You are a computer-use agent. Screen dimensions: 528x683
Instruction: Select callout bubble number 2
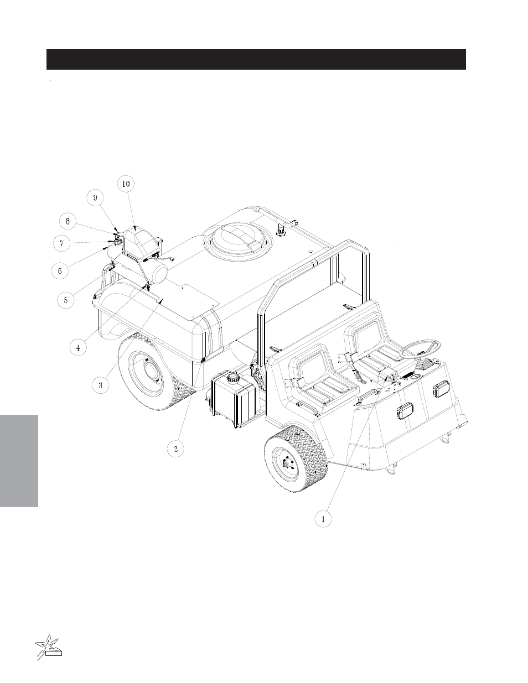pos(175,449)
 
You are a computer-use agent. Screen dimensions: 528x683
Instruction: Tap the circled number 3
pos(101,385)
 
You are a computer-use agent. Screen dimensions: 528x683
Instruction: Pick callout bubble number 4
pos(78,347)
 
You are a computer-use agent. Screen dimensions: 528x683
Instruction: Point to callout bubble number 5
pos(66,300)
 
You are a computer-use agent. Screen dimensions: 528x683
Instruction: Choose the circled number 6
pos(60,270)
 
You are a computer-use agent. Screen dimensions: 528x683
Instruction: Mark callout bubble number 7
pos(62,243)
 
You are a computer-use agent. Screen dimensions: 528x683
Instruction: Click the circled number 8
pos(68,221)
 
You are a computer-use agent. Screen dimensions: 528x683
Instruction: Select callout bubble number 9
pos(95,197)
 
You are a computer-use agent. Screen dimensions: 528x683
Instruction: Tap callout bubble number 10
pos(126,184)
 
